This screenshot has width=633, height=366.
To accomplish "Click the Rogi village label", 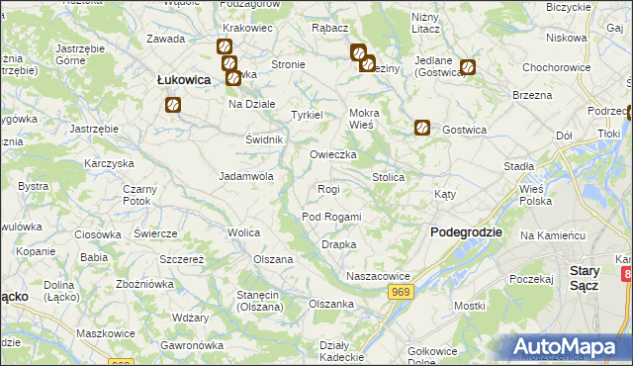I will (x=328, y=189).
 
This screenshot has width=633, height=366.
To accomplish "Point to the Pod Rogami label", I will (x=331, y=217).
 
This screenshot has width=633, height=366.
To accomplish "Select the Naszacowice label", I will (x=378, y=276).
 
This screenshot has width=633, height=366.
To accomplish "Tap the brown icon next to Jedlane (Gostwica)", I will (x=468, y=68).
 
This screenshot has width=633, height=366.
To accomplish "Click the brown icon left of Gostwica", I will (x=421, y=128).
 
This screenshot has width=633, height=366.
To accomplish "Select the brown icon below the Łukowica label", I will (x=173, y=104).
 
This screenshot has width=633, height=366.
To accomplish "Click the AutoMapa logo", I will (x=567, y=347).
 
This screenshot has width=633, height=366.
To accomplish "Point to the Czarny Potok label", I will (x=137, y=195).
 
